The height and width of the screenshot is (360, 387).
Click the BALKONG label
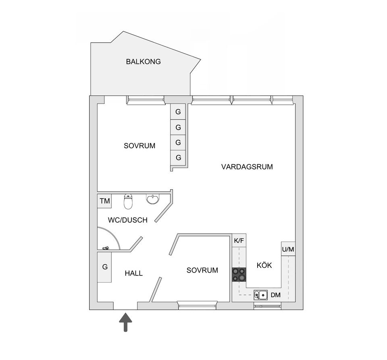pos(143,62)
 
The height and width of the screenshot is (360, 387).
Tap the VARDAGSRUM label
pos(247,167)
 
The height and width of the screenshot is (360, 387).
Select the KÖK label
pos(264,265)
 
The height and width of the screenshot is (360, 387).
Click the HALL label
pos(133,273)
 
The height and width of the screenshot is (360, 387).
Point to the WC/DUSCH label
pos(127,220)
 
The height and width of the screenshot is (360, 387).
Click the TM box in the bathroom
pos(104,201)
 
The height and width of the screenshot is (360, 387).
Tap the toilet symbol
pos(128,201)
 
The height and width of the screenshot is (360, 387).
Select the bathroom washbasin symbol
pos(153,199)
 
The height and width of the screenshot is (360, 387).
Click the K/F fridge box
pos(239,241)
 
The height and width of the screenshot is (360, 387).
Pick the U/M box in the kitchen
pos(288,249)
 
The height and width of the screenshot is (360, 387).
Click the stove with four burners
pos(239,275)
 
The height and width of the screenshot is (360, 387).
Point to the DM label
pos(276,295)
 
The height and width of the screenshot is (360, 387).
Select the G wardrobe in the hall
pos(105,267)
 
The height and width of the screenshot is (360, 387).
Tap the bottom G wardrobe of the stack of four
pos(178,157)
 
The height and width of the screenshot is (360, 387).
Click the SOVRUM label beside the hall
pos(202,270)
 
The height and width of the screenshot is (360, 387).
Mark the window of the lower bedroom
pos(198,306)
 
